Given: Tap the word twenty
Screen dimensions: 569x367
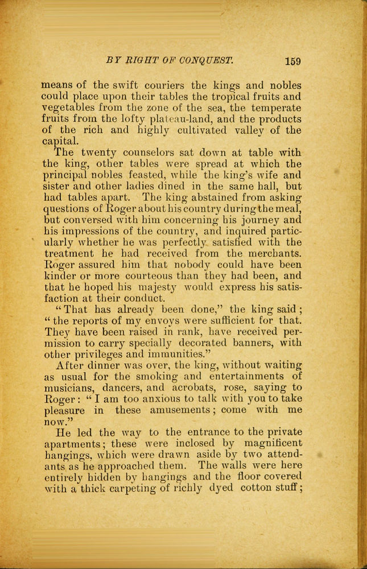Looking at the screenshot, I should point(101,153).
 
